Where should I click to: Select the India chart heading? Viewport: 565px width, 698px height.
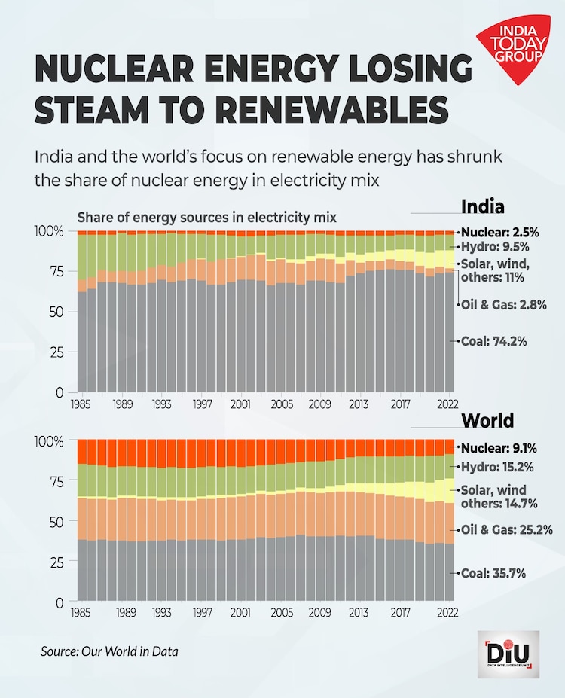[x=482, y=207]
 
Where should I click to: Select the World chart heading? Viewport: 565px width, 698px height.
[x=487, y=419]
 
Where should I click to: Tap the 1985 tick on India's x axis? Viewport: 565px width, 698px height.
[x=82, y=404]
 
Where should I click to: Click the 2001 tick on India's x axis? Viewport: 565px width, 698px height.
[x=240, y=404]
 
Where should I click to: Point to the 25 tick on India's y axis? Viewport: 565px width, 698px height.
[x=57, y=352]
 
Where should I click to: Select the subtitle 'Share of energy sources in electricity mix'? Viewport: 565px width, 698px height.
[x=206, y=218]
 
